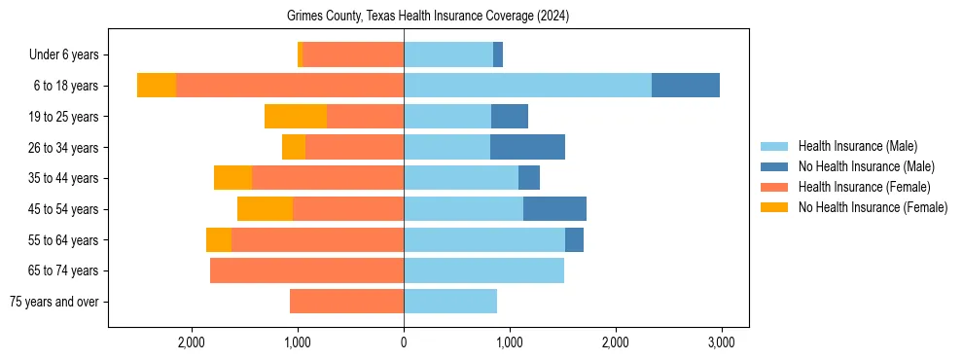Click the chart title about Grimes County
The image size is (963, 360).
pyautogui.click(x=428, y=17)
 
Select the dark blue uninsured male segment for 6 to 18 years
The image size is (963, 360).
pyautogui.click(x=686, y=86)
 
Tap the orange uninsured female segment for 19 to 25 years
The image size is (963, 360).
pyautogui.click(x=295, y=117)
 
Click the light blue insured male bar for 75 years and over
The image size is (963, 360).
pyautogui.click(x=450, y=302)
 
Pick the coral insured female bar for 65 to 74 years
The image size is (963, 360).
pyautogui.click(x=306, y=270)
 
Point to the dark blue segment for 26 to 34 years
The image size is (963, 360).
pyautogui.click(x=527, y=147)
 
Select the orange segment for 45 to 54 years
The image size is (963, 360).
pyautogui.click(x=265, y=209)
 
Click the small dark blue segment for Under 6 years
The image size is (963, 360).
pyautogui.click(x=498, y=55)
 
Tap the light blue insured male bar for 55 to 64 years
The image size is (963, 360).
pyautogui.click(x=484, y=239)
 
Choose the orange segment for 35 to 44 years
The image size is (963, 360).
pyautogui.click(x=232, y=178)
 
